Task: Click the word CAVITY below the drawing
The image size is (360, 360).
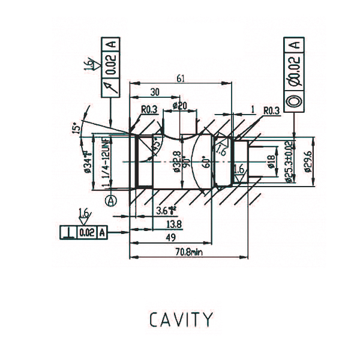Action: [x=180, y=319]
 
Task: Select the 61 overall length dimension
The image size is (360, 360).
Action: [x=181, y=78]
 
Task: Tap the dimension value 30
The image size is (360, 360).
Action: [x=155, y=92]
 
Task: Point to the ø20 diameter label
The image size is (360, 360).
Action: [x=180, y=106]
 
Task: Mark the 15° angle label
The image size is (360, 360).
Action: [x=76, y=130]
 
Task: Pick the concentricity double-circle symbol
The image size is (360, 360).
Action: [x=293, y=101]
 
